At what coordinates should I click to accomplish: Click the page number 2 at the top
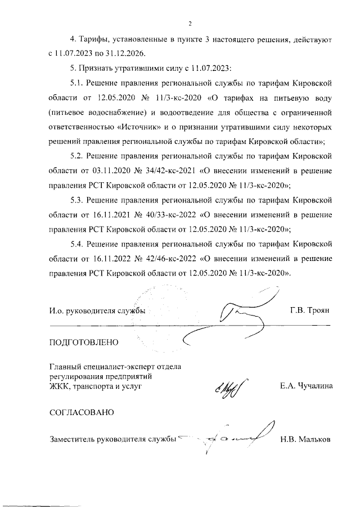tap(190, 24)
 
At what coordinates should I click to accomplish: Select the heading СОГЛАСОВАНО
tap(82, 412)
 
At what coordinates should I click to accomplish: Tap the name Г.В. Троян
tap(313, 310)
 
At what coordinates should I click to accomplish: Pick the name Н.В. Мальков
tap(307, 439)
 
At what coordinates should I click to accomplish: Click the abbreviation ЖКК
tap(59, 386)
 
